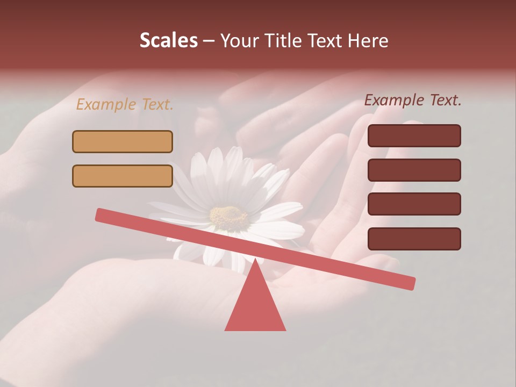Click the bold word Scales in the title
(168, 40)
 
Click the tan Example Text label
(125, 104)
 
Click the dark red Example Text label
(413, 100)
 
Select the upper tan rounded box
(123, 141)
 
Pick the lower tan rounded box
(123, 176)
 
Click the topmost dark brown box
(414, 135)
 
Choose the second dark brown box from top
(414, 170)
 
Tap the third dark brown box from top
(414, 204)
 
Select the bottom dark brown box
(414, 239)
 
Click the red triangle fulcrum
(255, 306)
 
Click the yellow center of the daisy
(228, 216)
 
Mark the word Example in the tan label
(106, 104)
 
